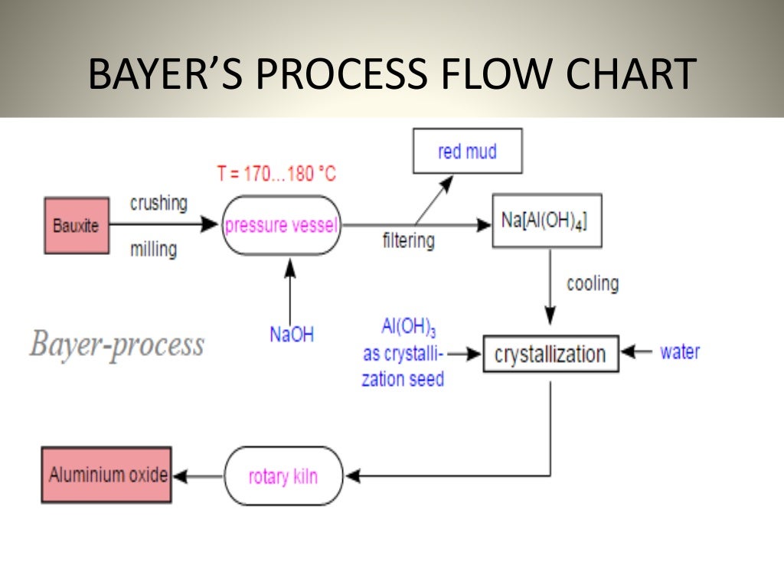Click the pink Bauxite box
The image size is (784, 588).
[x=76, y=226]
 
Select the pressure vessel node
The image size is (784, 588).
[x=281, y=226]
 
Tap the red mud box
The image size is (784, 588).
[x=467, y=151]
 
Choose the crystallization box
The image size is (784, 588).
[x=550, y=354]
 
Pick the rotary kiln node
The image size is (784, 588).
[x=283, y=476]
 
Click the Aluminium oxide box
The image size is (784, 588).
[x=107, y=475]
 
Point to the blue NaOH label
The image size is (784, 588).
[x=291, y=335]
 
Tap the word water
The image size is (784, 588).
[x=680, y=352]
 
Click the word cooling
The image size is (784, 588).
[x=593, y=283]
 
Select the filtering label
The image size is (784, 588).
[x=408, y=240]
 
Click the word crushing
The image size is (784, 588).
[x=158, y=203]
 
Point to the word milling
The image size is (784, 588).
[x=153, y=249]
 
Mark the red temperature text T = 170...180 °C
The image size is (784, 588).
[x=276, y=174]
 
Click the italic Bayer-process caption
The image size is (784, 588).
[x=117, y=345]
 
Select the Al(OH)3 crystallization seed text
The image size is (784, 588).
[x=403, y=353]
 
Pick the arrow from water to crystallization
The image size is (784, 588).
[x=635, y=352]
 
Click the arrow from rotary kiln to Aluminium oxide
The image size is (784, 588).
[x=198, y=476]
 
